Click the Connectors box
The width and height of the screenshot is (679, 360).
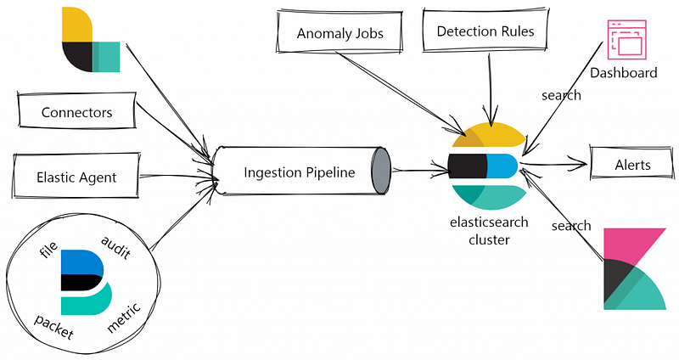click(x=76, y=110)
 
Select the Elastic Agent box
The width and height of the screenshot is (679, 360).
click(x=76, y=176)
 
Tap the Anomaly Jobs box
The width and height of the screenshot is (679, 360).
click(x=339, y=32)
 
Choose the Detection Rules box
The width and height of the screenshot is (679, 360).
click(x=485, y=30)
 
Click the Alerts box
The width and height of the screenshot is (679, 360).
click(x=632, y=164)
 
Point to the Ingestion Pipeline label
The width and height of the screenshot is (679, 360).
click(x=300, y=172)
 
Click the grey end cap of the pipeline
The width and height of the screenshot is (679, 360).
click(x=380, y=171)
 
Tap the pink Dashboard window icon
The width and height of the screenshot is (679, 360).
click(x=626, y=39)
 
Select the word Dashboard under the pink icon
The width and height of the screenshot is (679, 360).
click(x=624, y=72)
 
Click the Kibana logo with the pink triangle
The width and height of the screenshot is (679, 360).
click(x=634, y=268)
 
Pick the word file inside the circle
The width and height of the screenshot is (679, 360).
click(x=48, y=250)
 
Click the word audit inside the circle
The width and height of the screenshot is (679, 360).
click(x=115, y=247)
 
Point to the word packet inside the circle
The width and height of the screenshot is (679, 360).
click(x=54, y=327)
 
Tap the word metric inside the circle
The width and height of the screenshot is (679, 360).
click(x=124, y=318)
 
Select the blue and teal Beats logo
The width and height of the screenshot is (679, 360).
click(x=87, y=282)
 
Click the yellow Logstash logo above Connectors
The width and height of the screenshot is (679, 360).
click(x=91, y=39)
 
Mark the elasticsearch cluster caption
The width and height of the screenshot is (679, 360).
click(x=489, y=230)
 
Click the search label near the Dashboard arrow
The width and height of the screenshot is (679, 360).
click(x=561, y=95)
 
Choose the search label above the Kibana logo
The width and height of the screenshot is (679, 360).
click(x=571, y=225)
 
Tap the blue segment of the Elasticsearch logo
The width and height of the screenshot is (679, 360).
click(x=502, y=166)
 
